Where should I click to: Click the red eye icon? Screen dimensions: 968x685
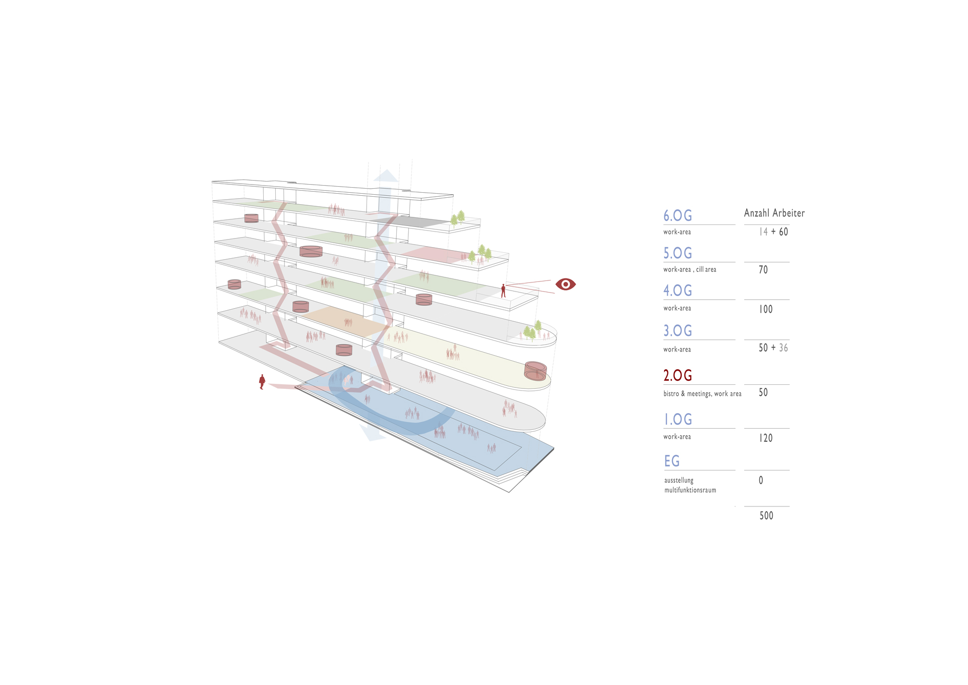[566, 284]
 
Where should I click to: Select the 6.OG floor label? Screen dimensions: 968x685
[678, 215]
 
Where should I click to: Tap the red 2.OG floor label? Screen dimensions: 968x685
[678, 375]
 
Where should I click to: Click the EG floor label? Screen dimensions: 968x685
[672, 461]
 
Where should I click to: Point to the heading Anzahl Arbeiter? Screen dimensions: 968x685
[774, 213]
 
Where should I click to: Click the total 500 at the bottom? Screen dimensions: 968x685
[766, 516]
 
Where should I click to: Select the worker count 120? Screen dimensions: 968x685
[766, 438]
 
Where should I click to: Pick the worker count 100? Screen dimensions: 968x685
[766, 309]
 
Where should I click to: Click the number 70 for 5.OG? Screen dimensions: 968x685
[763, 270]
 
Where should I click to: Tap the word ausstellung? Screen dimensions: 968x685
[679, 480]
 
